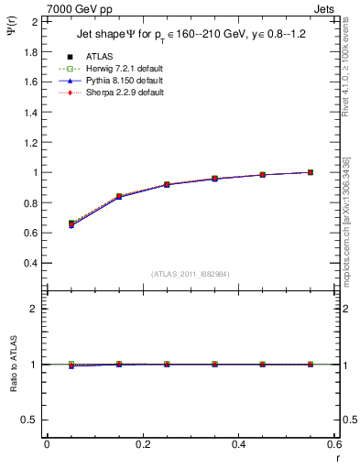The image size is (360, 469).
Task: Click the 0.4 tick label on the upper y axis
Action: [x=30, y=263]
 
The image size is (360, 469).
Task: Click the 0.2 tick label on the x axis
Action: [x=143, y=444]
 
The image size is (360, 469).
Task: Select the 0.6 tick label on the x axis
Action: [x=333, y=444]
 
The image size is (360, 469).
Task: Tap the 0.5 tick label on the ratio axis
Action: [x=30, y=420]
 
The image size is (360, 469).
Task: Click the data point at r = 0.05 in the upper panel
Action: [x=71, y=224]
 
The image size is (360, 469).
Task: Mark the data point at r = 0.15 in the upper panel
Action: [x=119, y=197]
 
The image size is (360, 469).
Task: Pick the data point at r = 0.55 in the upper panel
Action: [x=311, y=172]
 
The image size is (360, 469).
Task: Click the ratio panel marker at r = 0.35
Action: [x=214, y=365]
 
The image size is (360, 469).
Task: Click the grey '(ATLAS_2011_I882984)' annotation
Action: [x=190, y=274]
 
